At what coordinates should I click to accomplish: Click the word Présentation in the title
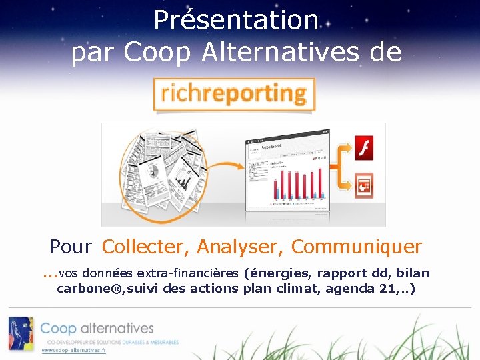pyautogui.click(x=236, y=20)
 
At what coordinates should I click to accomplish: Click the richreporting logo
pyautogui.click(x=233, y=94)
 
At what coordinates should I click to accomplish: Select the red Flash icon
pyautogui.click(x=363, y=148)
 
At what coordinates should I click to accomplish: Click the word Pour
pyautogui.click(x=71, y=247)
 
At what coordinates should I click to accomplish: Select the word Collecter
pyautogui.click(x=146, y=247)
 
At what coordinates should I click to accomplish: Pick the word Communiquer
pyautogui.click(x=357, y=247)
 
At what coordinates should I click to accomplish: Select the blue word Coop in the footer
pyautogui.click(x=58, y=329)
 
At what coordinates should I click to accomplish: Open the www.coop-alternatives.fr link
pyautogui.click(x=73, y=350)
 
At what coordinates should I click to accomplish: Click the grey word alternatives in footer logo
pyautogui.click(x=117, y=329)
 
